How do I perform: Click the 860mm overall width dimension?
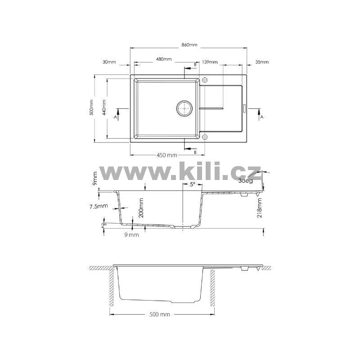(x=189, y=45)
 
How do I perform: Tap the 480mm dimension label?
(x=164, y=59)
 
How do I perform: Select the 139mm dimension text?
(x=210, y=62)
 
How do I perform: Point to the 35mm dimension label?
(x=262, y=62)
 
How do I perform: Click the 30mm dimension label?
(x=109, y=62)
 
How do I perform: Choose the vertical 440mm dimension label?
(x=104, y=107)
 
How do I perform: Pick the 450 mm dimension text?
(x=166, y=155)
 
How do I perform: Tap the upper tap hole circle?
(x=205, y=80)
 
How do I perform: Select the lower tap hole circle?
(x=205, y=137)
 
